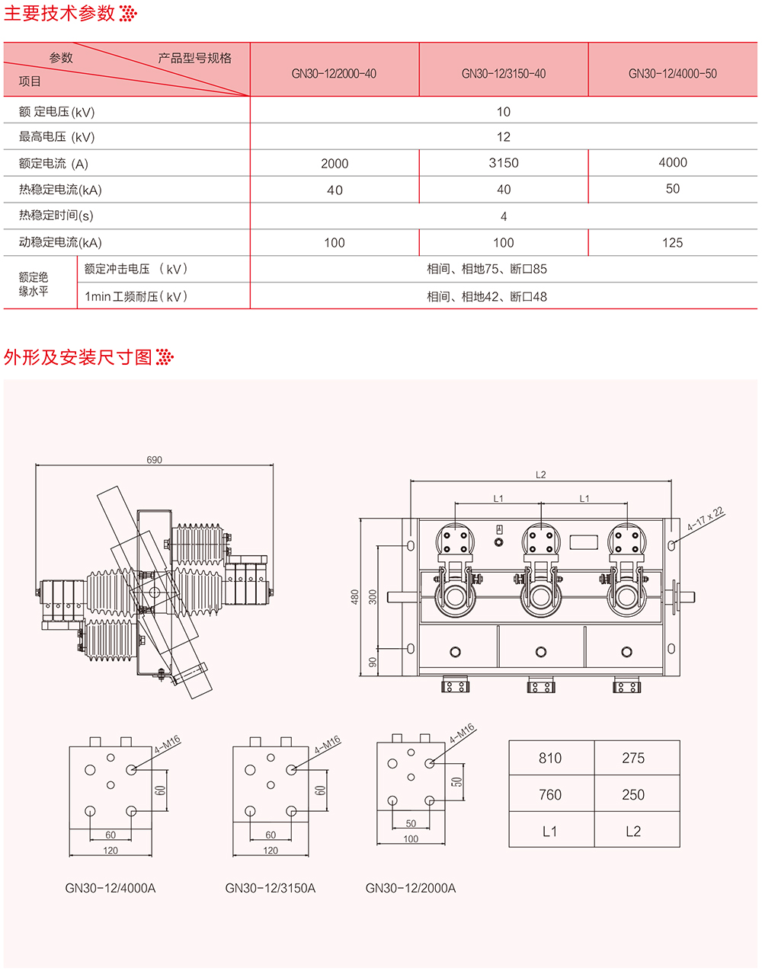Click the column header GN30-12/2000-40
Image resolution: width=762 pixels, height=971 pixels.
point(334,74)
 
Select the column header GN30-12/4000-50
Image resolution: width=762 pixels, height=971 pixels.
point(672,74)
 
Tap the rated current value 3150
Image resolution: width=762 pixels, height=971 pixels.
point(504,163)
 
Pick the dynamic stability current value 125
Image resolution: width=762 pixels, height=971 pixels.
point(672,243)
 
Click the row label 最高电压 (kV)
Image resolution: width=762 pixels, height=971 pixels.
point(57,137)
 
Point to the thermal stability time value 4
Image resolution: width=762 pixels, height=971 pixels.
point(504,217)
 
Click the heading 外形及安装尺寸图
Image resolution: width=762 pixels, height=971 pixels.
point(78,357)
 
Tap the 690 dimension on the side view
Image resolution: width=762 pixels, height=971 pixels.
point(154,460)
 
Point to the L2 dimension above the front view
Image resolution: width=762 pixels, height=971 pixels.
point(540,475)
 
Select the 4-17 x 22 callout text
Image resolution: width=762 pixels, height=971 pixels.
point(706,519)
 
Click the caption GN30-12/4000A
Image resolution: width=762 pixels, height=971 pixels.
point(110,888)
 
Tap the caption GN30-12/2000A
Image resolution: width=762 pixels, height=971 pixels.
point(411,888)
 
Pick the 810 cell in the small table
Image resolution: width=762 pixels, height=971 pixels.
point(550,758)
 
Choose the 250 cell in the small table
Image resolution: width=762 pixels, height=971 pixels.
point(633,794)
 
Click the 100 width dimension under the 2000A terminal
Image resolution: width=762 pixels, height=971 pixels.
point(411,839)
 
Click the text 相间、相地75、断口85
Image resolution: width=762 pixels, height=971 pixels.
point(487,269)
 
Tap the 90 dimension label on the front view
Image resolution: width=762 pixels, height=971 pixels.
point(373,662)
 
